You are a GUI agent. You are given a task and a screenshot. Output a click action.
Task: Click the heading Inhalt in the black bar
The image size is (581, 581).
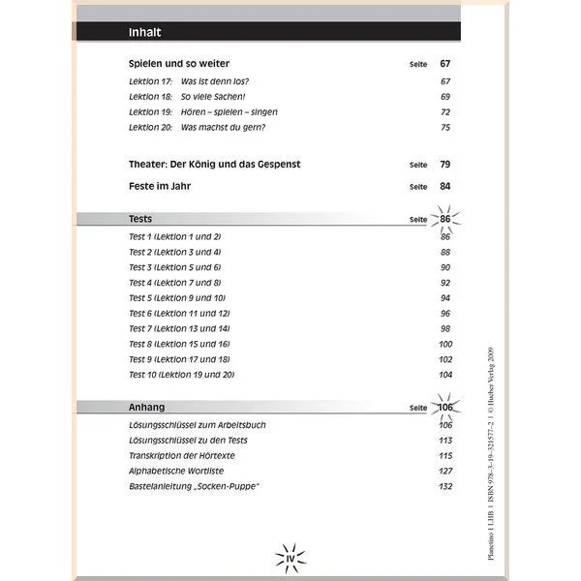pyautogui.click(x=144, y=33)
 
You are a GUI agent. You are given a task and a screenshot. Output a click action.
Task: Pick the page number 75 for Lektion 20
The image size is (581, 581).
pyautogui.click(x=445, y=128)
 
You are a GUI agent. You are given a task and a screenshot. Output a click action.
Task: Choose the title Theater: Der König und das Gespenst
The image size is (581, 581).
pyautogui.click(x=214, y=165)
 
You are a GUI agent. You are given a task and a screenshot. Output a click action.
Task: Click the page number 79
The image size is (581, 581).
pyautogui.click(x=445, y=165)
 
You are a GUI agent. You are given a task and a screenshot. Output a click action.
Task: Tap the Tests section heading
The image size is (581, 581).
pyautogui.click(x=140, y=220)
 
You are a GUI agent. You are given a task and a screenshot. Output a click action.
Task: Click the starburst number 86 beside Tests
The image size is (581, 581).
pyautogui.click(x=444, y=220)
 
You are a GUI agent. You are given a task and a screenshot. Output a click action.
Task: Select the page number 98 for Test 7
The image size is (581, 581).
pyautogui.click(x=445, y=328)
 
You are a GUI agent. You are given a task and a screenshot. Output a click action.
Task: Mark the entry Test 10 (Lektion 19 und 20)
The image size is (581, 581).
pyautogui.click(x=182, y=374)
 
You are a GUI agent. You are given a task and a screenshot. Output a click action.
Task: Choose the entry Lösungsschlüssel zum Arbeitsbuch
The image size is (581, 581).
pyautogui.click(x=198, y=424)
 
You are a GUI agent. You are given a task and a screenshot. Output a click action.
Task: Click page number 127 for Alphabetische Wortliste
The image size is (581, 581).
pyautogui.click(x=444, y=471)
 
